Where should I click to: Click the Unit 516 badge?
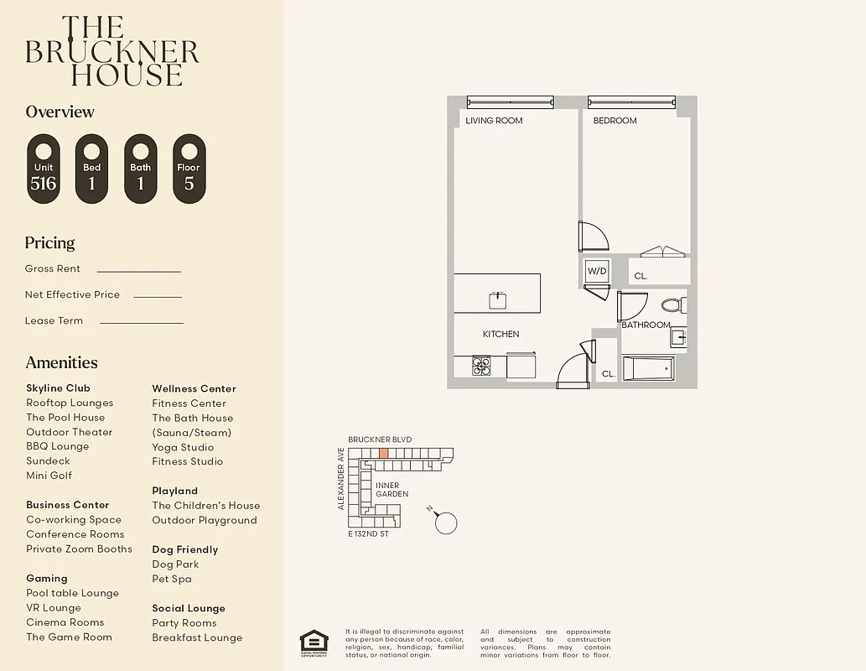click(44, 169)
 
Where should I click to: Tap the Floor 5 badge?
click(189, 169)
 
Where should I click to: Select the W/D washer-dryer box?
click(597, 271)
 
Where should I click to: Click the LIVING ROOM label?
click(494, 121)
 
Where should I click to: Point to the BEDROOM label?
click(614, 121)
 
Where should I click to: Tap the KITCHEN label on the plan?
click(500, 334)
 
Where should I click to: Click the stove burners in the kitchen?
click(481, 366)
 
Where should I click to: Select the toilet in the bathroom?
click(672, 305)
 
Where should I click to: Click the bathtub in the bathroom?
click(648, 368)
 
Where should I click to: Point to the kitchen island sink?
click(498, 298)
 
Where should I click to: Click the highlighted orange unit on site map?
click(383, 453)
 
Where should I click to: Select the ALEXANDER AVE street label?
click(341, 478)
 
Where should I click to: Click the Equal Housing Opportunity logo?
click(314, 642)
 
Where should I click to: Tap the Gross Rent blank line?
click(139, 271)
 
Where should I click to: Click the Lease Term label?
click(54, 320)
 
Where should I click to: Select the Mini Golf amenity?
click(49, 476)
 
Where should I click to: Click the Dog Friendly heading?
click(184, 549)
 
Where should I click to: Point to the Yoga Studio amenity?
click(183, 447)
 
